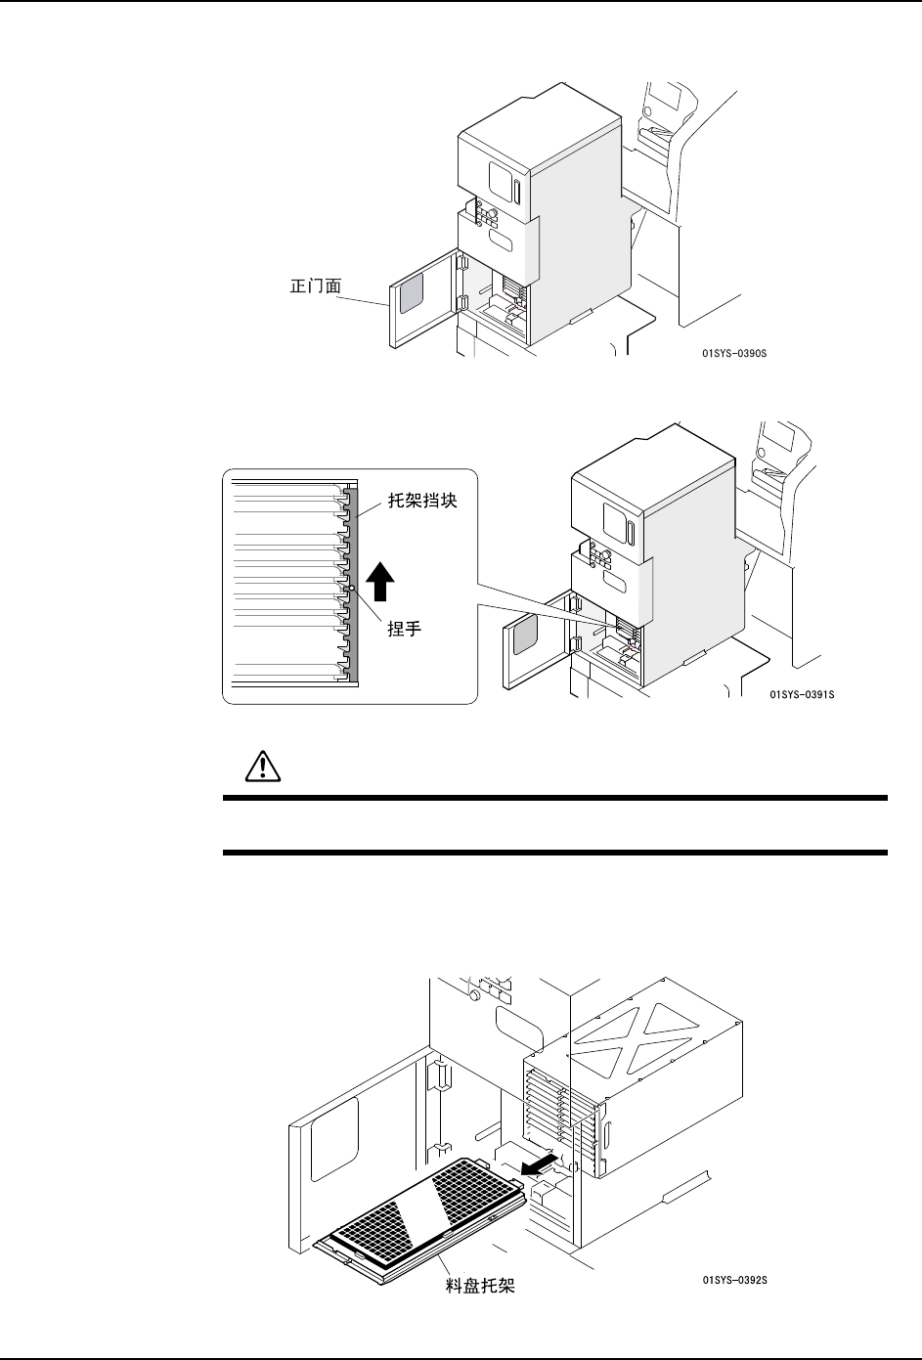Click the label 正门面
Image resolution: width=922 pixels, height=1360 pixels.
tap(310, 286)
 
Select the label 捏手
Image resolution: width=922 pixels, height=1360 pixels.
tap(403, 630)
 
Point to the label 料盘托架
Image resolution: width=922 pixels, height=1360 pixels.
tap(473, 1287)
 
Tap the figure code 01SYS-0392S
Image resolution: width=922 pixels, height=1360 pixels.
tap(734, 1280)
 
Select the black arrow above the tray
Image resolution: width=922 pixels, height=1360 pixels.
tap(540, 1163)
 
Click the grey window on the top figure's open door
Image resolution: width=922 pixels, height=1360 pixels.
tap(412, 288)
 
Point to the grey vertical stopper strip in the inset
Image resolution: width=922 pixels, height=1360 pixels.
tap(355, 587)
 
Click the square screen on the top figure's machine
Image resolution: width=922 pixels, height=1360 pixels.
tap(507, 180)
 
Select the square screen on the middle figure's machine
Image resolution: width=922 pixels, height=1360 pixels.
tap(618, 518)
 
